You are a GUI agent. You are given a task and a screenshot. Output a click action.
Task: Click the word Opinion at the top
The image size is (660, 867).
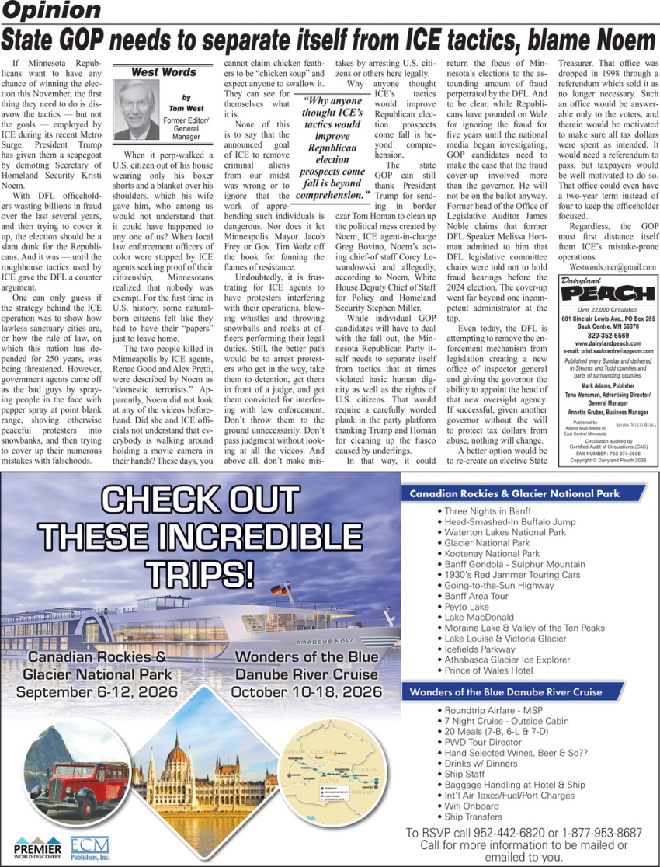pyautogui.click(x=50, y=11)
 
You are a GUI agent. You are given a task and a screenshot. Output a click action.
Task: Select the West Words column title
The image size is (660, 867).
pyautogui.click(x=162, y=72)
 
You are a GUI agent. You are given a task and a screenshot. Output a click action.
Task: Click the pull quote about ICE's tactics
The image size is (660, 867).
pyautogui.click(x=333, y=148)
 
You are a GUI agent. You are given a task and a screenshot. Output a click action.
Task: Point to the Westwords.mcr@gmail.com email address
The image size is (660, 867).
pyautogui.click(x=607, y=266)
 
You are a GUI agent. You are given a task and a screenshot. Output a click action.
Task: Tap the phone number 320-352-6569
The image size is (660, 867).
pyautogui.click(x=608, y=335)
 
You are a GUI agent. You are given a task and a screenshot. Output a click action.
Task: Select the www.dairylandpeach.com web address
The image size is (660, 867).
pyautogui.click(x=608, y=343)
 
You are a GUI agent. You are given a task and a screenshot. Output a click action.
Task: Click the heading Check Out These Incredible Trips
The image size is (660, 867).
pyautogui.click(x=200, y=537)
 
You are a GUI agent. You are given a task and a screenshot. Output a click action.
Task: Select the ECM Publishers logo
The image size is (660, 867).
pyautogui.click(x=90, y=848)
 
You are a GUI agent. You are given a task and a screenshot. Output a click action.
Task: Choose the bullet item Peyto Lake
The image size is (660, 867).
pyautogui.click(x=467, y=607)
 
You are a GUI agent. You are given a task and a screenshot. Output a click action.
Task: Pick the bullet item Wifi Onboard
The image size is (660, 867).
pyautogui.click(x=471, y=806)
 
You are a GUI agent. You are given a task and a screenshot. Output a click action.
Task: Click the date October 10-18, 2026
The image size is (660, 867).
pyautogui.click(x=306, y=691)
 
